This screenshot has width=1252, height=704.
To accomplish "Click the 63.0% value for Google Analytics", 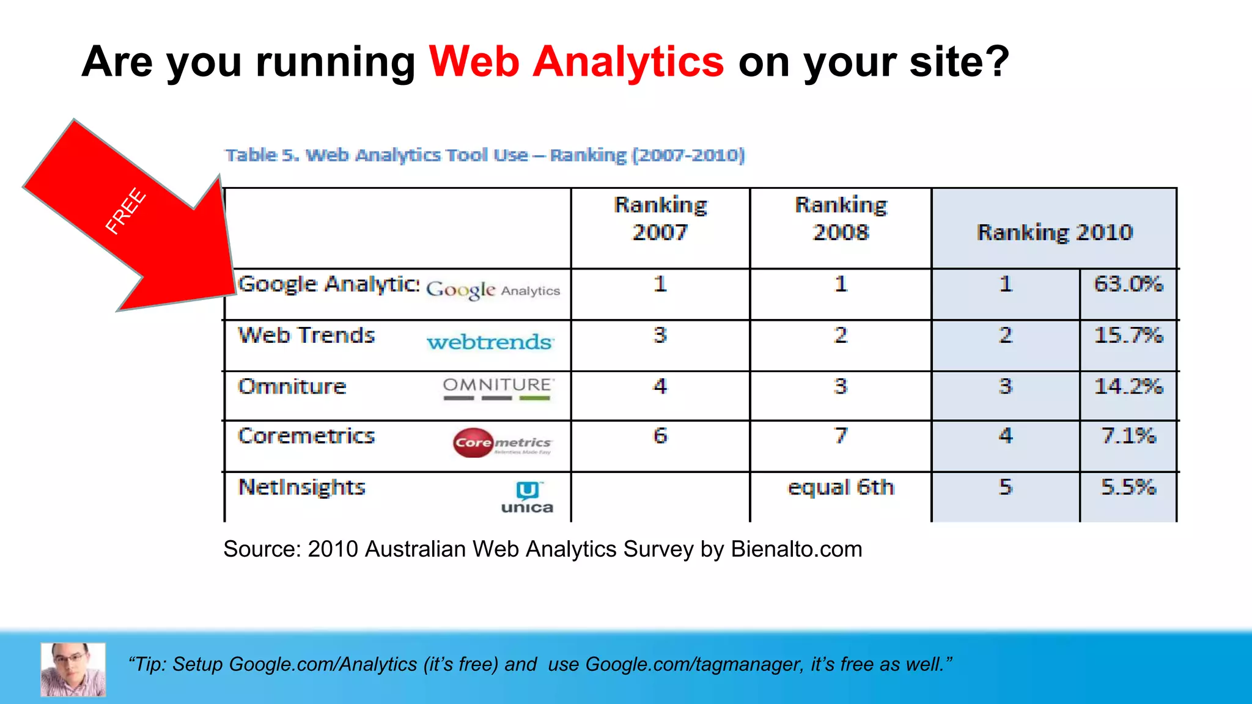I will point(1128,284).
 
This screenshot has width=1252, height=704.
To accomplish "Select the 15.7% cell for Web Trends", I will point(1128,335).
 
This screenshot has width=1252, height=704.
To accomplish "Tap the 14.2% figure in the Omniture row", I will point(1128,387).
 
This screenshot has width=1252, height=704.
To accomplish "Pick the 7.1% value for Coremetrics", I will point(1128,436).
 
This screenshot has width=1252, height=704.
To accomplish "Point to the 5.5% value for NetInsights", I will point(1128,487).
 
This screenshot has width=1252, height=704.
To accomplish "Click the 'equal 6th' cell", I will point(841,488).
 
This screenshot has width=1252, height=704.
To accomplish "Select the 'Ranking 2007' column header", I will point(660,219).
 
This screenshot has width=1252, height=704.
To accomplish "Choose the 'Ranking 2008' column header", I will point(841,219).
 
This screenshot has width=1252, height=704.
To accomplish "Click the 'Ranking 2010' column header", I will point(1055,232).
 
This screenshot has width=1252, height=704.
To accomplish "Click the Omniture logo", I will point(498,389).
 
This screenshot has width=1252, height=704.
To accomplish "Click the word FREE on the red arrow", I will point(125,211).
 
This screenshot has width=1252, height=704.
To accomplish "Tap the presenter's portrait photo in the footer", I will point(73,669).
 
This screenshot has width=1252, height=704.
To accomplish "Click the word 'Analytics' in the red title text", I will point(628,62).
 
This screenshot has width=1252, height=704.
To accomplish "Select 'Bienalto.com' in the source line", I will point(796,549).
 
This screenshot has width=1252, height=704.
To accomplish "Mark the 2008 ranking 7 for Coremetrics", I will point(841,436).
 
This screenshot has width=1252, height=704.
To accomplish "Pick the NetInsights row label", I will point(301,487).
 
